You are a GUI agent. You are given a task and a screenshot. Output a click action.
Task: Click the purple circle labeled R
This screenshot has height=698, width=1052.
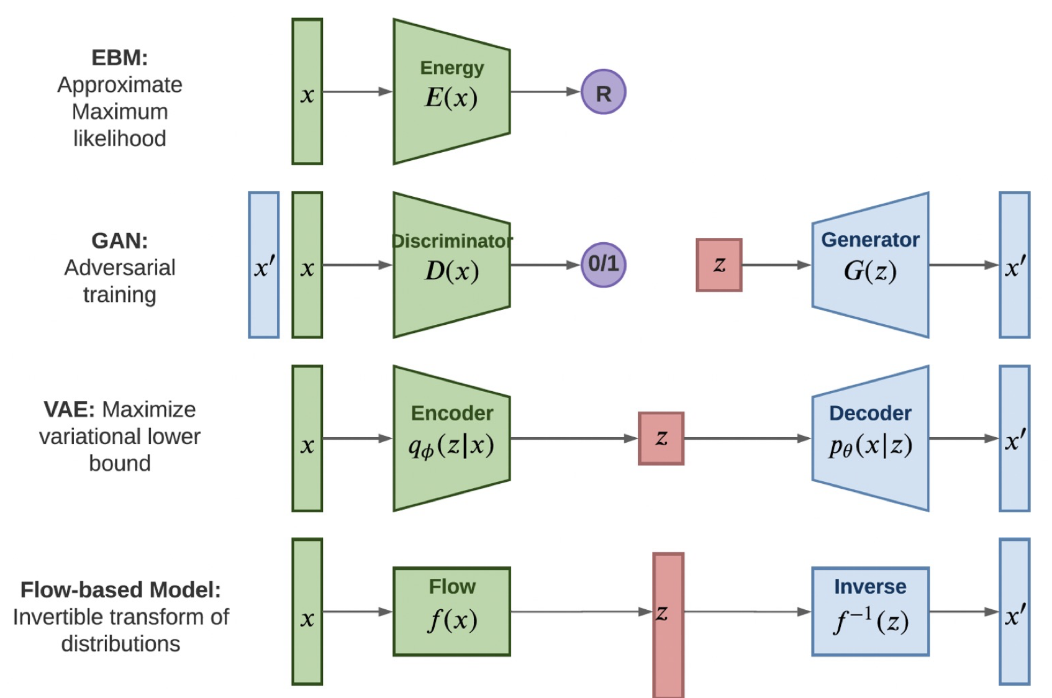pos(603,92)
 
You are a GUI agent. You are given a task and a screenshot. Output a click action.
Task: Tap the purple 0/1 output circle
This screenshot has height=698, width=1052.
pos(603,265)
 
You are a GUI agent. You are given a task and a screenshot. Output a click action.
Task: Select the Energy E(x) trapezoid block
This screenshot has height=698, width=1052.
pos(451,92)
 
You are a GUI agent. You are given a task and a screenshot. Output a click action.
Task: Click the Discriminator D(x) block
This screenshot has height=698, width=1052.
pos(451,265)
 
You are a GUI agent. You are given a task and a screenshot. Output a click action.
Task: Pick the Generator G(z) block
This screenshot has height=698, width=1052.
pos(870,265)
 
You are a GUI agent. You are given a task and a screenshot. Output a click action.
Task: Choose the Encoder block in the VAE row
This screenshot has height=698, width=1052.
pos(451,438)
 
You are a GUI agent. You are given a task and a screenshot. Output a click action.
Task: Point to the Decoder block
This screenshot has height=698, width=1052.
pos(870,438)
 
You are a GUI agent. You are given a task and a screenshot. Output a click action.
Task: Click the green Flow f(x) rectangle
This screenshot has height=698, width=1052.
pos(451,612)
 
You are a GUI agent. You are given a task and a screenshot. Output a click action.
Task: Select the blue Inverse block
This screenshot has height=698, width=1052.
pos(870,612)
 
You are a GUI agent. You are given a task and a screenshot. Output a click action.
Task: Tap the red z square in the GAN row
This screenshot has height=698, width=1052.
pos(719,265)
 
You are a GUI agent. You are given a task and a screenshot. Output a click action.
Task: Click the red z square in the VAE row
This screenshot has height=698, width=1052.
pos(661,438)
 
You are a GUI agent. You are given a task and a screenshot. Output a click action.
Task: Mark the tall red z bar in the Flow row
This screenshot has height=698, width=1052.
pos(668,625)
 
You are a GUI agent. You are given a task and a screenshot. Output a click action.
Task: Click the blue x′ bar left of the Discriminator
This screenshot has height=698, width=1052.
pos(263,265)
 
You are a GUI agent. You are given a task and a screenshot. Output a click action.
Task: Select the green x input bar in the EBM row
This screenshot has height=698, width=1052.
pos(307,92)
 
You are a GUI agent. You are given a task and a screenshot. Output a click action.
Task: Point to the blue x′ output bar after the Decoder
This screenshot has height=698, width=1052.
pos(1014,438)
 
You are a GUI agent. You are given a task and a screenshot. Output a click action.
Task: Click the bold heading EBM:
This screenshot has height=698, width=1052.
pos(119,58)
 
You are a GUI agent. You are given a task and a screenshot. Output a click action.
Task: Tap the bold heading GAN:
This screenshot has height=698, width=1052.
pos(119,241)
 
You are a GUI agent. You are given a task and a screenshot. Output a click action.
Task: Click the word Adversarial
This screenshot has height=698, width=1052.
pos(119,268)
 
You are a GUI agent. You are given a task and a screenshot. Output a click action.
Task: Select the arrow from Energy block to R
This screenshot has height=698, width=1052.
pos(545,92)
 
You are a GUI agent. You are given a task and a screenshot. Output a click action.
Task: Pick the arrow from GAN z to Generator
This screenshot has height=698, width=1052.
pos(776,265)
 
